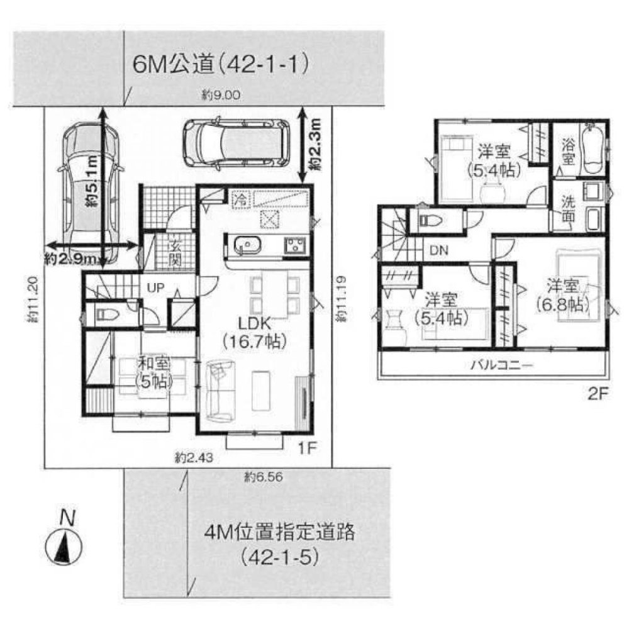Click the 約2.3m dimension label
click(x=316, y=147)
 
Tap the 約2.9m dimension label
click(x=70, y=258)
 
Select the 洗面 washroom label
click(x=568, y=210)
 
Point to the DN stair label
click(x=438, y=250)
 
